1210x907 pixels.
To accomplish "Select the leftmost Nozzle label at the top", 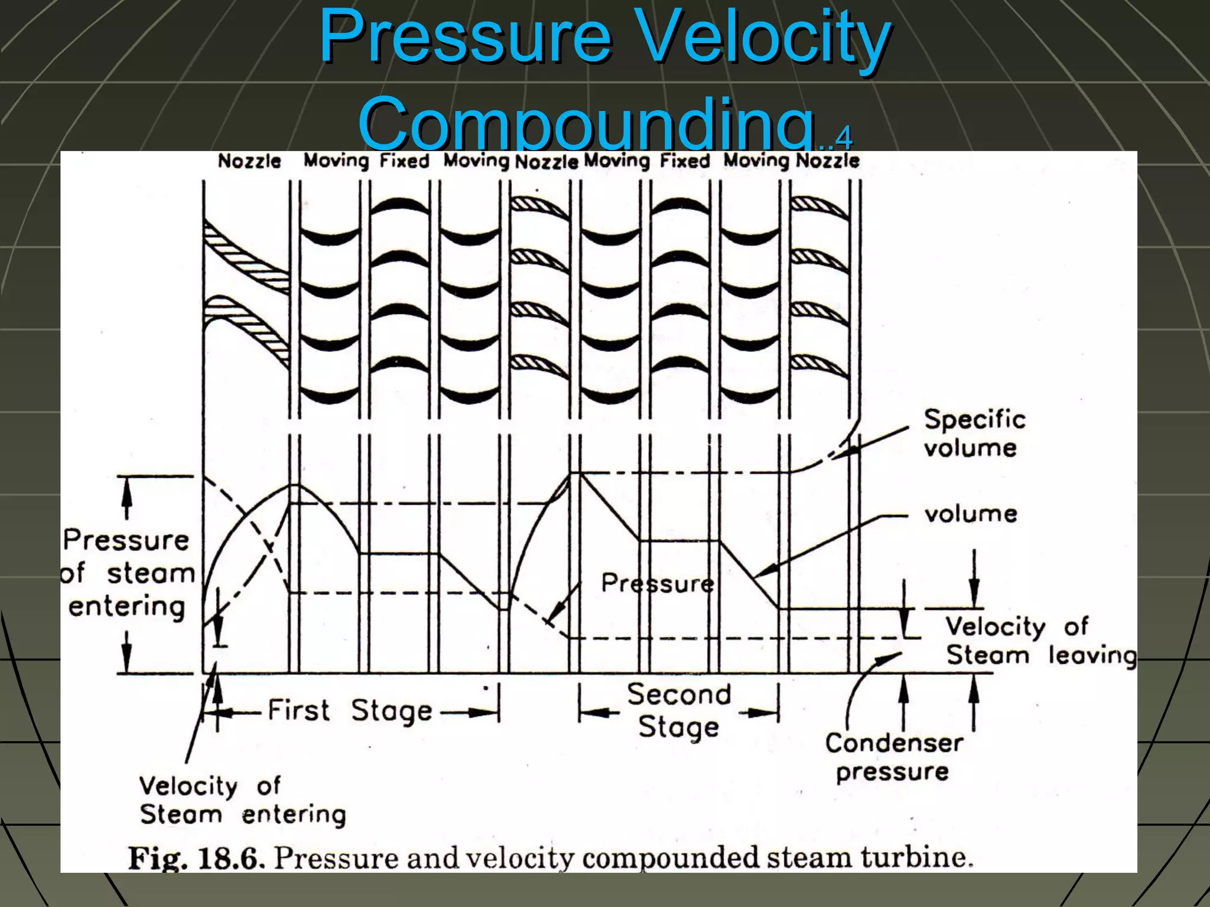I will point(249,161).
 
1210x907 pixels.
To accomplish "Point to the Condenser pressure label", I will point(893,757).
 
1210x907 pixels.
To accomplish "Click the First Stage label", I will point(350,711).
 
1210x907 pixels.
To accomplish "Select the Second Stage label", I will point(679,710).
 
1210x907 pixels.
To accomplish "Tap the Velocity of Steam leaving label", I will point(1040,641).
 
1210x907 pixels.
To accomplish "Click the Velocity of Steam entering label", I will point(242,800).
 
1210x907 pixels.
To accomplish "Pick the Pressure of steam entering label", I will point(128,573).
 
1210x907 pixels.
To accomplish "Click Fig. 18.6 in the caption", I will point(193,858).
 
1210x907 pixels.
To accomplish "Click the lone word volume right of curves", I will point(971,514).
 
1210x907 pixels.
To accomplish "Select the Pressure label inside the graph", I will point(657,583).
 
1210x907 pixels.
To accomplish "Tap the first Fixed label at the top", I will point(404,161).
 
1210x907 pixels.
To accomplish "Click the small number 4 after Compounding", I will point(844,138).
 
